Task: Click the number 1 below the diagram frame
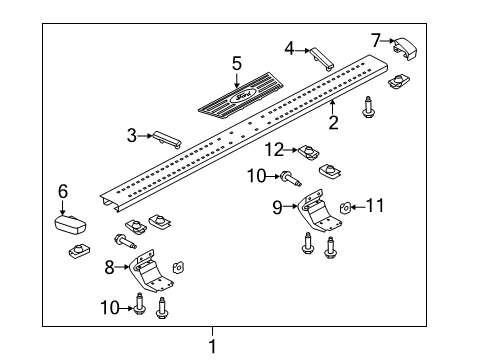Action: (x=211, y=346)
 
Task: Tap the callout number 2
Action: (x=333, y=123)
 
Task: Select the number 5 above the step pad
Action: (x=237, y=63)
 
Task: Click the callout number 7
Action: (x=376, y=40)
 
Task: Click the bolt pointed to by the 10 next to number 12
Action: (x=292, y=180)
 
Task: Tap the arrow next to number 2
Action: (x=332, y=103)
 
